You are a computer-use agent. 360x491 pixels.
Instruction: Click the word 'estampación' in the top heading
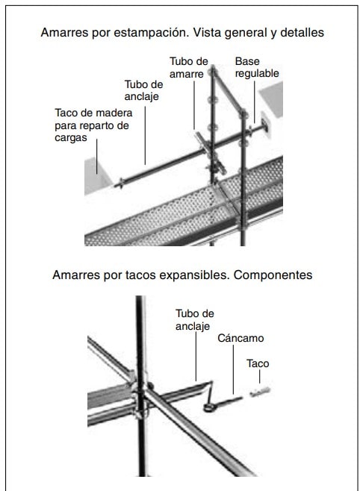click(x=150, y=33)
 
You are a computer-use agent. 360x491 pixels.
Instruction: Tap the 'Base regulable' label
click(x=257, y=67)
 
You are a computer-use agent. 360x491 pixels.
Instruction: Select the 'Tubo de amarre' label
click(x=189, y=67)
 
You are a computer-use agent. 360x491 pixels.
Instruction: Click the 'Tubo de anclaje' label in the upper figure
click(x=143, y=90)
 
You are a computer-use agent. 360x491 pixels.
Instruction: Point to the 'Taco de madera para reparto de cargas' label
click(x=93, y=125)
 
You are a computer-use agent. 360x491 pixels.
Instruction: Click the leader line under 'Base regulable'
click(x=254, y=102)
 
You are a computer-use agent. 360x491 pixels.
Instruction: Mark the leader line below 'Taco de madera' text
click(x=97, y=157)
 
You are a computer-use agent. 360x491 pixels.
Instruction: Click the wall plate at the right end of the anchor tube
click(x=264, y=128)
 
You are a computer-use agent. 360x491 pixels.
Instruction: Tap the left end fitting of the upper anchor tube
click(x=120, y=184)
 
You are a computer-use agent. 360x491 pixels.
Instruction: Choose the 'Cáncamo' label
click(x=240, y=338)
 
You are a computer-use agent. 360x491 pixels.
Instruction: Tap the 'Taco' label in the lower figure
click(x=258, y=363)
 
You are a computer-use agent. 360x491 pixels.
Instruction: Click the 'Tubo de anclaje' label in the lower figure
click(x=195, y=319)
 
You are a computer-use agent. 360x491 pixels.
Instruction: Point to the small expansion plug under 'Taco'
click(x=260, y=392)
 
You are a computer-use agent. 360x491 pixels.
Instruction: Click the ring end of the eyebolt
click(x=209, y=407)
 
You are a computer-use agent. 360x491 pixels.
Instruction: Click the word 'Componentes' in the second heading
click(x=273, y=275)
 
